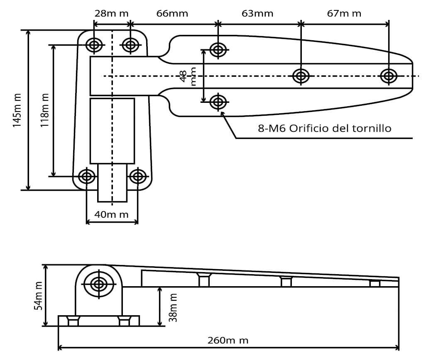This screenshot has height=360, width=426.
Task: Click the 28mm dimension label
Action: click(111, 13)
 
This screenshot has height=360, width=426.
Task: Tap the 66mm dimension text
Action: click(172, 13)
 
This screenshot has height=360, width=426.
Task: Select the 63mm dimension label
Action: click(257, 13)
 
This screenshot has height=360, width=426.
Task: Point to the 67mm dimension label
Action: click(344, 13)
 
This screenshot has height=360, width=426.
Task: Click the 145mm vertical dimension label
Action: click(17, 110)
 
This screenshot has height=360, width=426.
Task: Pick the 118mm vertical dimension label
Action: click(44, 110)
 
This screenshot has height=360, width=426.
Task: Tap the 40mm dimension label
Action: click(111, 214)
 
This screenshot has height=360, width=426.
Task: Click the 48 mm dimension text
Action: click(188, 76)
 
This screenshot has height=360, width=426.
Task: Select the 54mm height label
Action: click(38, 296)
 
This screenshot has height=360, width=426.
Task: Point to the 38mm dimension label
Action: click(173, 308)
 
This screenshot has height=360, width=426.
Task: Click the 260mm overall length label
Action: click(228, 341)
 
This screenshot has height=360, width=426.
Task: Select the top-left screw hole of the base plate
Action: click(94, 45)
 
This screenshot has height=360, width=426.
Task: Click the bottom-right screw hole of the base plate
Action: click(138, 177)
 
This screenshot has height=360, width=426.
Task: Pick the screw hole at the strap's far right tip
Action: click(389, 76)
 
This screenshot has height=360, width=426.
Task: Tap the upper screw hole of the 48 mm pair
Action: click(218, 50)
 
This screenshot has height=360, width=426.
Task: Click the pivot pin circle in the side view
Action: click(99, 285)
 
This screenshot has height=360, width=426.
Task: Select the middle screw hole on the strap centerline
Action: click(301, 76)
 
